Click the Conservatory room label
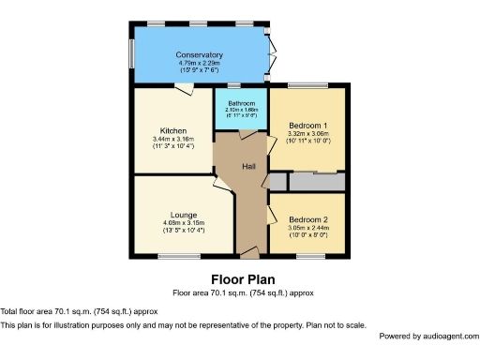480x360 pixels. coord(199,54)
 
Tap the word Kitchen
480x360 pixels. coord(172,130)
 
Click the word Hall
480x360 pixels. coord(249,167)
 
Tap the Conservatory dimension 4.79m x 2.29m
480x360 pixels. coord(199,63)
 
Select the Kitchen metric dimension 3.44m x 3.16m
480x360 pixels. coord(172,139)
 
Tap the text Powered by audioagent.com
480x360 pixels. coord(427,336)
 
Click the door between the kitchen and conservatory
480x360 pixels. coord(185,87)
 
